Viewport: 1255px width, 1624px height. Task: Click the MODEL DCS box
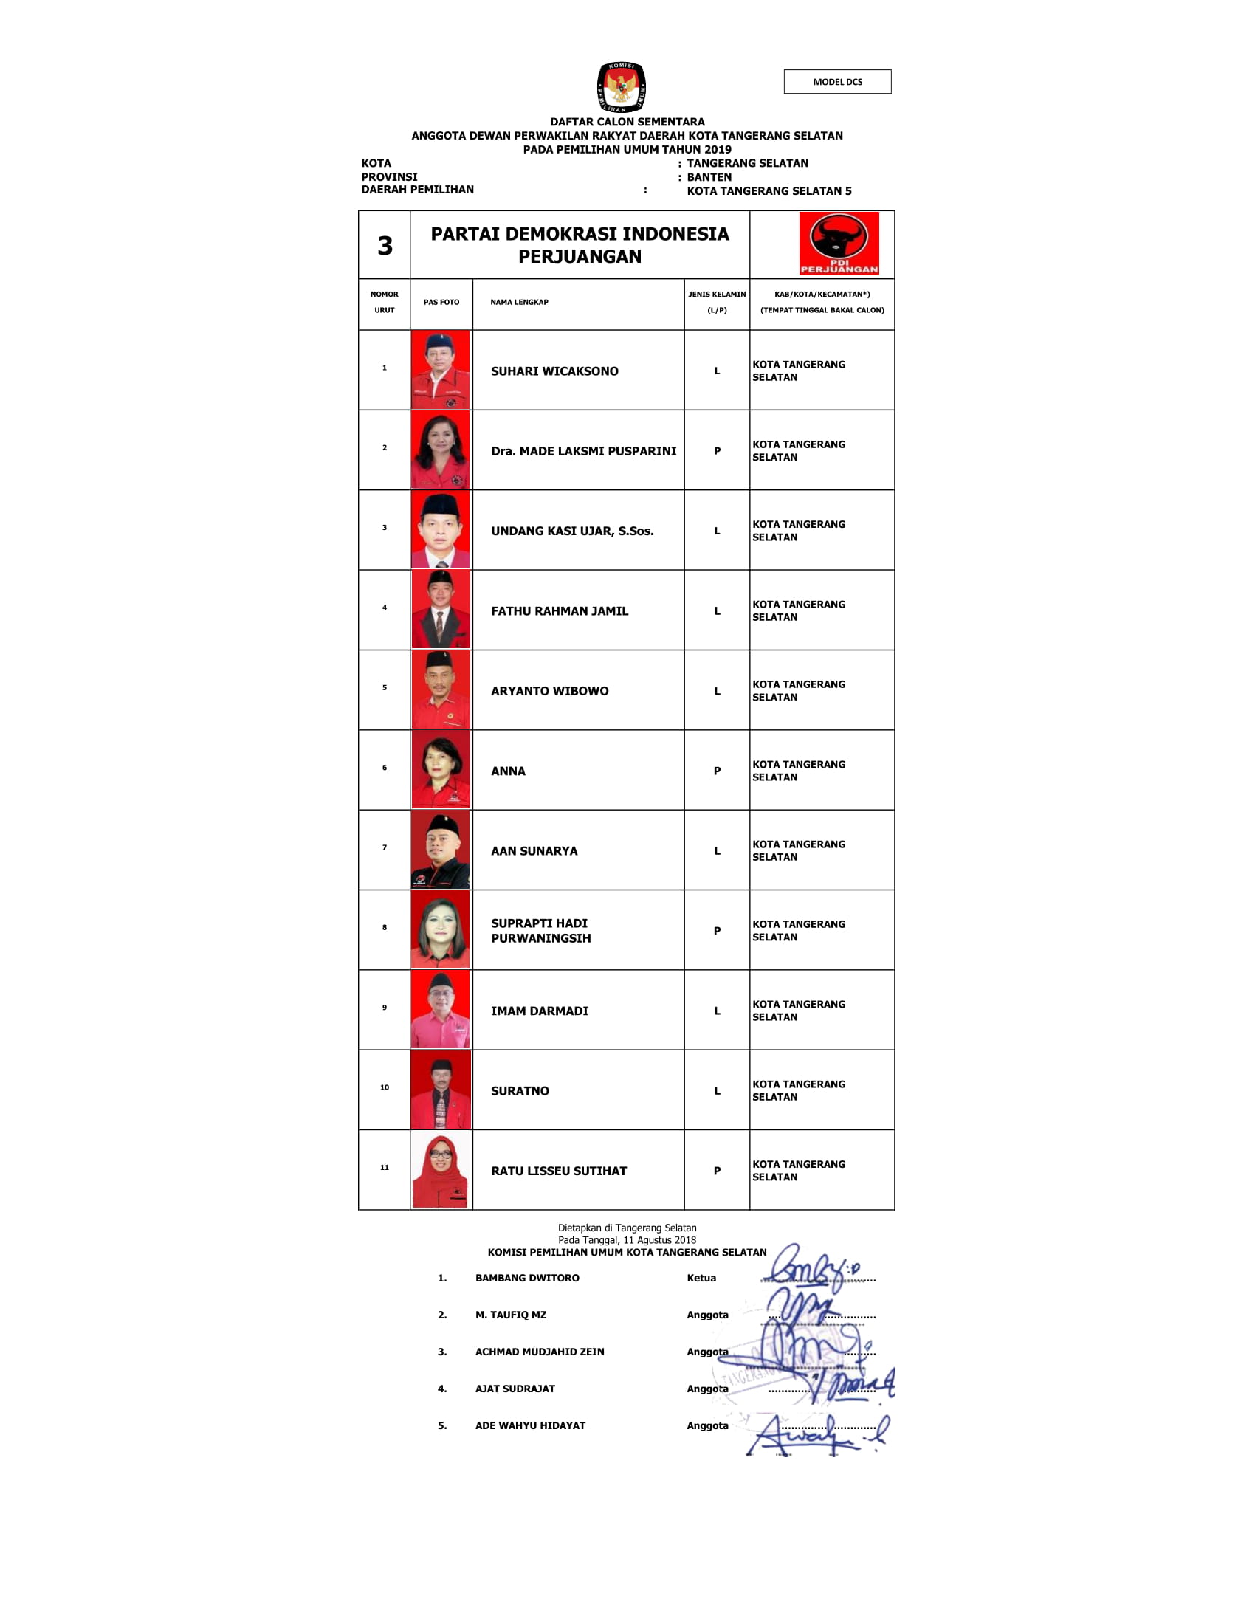point(837,82)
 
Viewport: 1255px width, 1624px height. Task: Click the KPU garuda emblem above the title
point(621,87)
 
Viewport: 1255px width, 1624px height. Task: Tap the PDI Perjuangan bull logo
point(839,243)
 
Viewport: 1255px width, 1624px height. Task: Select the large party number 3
point(385,246)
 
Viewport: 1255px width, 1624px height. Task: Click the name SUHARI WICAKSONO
point(554,371)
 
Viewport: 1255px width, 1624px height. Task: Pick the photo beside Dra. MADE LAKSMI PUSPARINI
point(440,450)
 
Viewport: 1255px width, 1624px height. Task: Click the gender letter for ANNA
point(717,771)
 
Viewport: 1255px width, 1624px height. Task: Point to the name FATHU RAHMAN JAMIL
point(559,611)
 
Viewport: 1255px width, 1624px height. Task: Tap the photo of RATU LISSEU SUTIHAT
point(440,1171)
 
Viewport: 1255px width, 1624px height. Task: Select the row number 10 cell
point(385,1087)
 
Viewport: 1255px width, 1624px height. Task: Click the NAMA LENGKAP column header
point(519,302)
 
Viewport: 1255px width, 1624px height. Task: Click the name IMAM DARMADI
point(539,1011)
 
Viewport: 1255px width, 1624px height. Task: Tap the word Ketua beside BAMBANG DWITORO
point(701,1278)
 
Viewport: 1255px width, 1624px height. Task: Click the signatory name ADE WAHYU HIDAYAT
point(530,1425)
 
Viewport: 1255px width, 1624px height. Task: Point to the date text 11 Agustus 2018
point(659,1239)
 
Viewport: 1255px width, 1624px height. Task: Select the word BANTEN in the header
point(709,177)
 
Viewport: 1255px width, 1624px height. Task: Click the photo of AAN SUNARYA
point(440,850)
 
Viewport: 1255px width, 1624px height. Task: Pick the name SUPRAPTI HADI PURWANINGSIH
point(540,931)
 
